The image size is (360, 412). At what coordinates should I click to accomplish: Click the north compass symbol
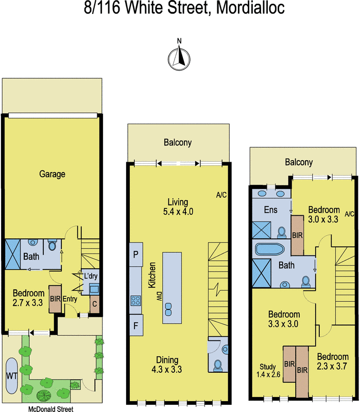pyautogui.click(x=179, y=55)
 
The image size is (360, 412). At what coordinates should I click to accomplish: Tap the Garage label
pyautogui.click(x=53, y=174)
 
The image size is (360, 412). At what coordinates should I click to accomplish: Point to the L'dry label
pyautogui.click(x=91, y=276)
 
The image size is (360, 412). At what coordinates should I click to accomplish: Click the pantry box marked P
pyautogui.click(x=136, y=254)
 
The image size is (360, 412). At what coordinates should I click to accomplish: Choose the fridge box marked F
pyautogui.click(x=136, y=325)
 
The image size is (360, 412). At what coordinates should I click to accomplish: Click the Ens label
pyautogui.click(x=270, y=210)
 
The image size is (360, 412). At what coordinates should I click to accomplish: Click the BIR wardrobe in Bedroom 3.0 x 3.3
pyautogui.click(x=297, y=235)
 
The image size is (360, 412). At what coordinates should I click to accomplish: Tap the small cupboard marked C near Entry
pyautogui.click(x=94, y=304)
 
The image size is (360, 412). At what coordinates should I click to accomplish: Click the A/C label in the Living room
pyautogui.click(x=221, y=195)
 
